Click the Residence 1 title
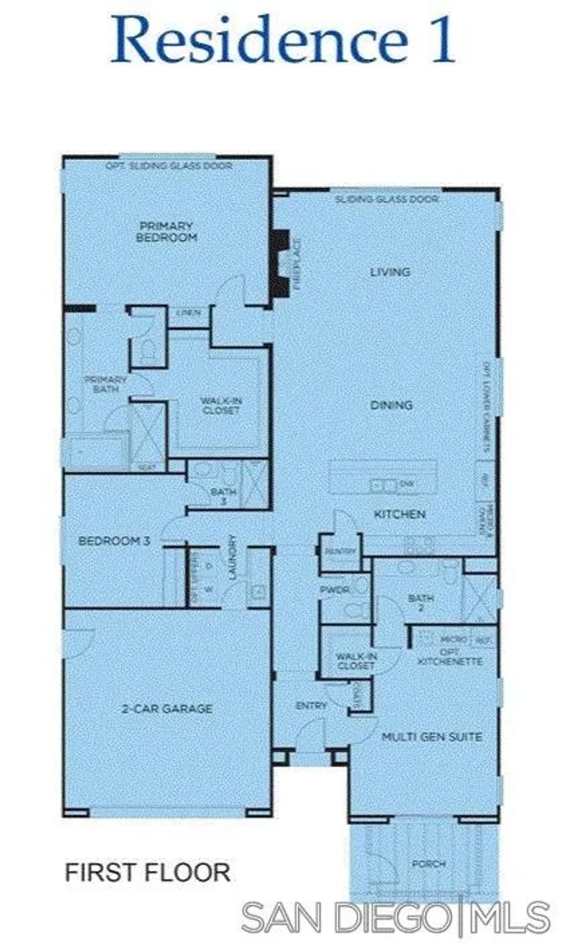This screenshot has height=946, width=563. coord(283,40)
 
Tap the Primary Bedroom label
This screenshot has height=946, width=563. coord(166,231)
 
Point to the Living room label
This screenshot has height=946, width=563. coord(390,272)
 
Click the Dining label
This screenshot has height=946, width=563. coord(391,405)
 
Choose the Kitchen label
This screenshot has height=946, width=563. coord(400,515)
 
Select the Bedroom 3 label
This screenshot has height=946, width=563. coord(114,541)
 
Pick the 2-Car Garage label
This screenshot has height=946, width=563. coord(167,709)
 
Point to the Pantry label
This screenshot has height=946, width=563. coord(341,551)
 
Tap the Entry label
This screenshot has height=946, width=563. coord(311,705)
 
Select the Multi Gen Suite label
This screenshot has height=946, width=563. coord(432,737)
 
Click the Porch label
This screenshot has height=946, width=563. coord(429,864)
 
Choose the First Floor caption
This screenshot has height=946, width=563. coord(147,872)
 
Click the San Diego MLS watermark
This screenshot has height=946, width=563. coord(396,917)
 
